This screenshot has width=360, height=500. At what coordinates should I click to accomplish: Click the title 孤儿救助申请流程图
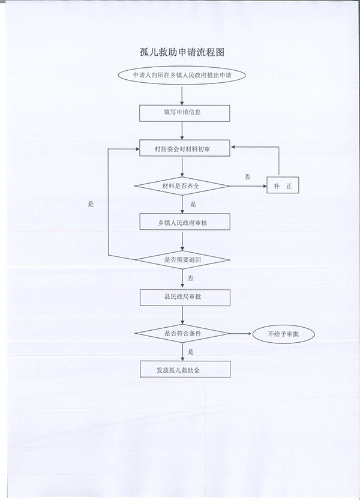tap(182, 52)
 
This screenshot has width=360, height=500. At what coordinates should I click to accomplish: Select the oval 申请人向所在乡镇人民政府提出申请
tap(182, 76)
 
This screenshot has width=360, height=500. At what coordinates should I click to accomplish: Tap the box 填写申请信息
tap(185, 113)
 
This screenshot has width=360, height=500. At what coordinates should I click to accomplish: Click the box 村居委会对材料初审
tap(185, 148)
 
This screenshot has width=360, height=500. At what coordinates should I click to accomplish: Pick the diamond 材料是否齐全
tap(182, 186)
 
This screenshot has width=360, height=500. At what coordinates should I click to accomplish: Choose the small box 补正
tap(283, 185)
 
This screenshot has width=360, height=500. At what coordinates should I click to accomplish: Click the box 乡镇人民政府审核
tap(185, 222)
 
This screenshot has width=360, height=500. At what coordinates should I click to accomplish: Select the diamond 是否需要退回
tap(182, 259)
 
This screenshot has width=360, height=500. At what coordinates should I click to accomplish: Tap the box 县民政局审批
tap(185, 298)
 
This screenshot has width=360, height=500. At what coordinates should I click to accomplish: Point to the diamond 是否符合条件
tap(182, 334)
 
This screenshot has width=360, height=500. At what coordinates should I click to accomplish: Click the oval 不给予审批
tap(283, 334)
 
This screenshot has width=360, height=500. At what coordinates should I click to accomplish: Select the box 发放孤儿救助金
tap(185, 369)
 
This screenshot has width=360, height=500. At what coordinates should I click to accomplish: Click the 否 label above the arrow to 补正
tap(247, 176)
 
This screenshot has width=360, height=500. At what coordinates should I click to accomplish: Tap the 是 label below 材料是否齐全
tap(193, 205)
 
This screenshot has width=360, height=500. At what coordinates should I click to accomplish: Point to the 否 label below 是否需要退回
tap(190, 279)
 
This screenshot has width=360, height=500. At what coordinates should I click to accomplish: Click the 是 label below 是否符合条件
tap(190, 352)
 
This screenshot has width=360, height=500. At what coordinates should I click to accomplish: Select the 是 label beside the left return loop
tap(91, 205)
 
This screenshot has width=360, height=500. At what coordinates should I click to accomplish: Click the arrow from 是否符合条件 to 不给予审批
tap(241, 334)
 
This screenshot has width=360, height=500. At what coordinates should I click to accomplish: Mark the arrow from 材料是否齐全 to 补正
tap(248, 186)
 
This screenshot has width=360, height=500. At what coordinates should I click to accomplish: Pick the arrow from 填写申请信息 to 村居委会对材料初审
tap(182, 131)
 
